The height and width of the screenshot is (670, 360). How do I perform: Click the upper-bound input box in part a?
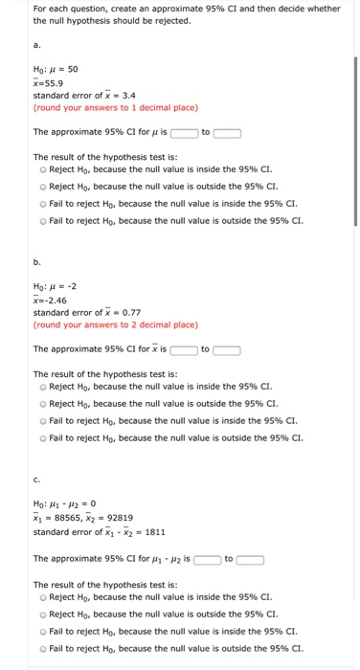coord(227,133)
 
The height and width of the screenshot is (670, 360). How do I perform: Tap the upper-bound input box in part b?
coord(227,349)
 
